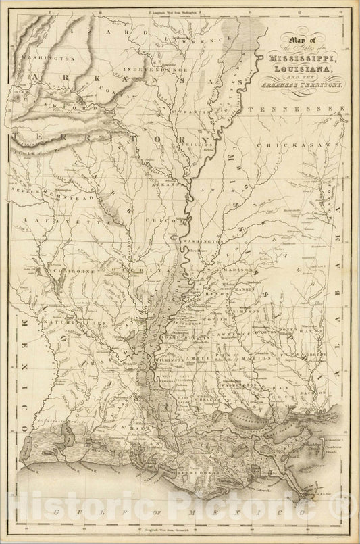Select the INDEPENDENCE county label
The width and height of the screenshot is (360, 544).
coord(145,70)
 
